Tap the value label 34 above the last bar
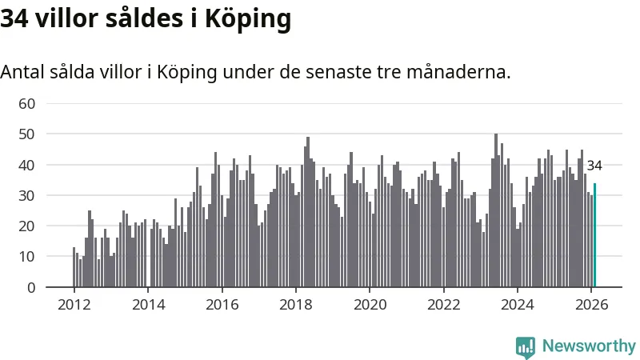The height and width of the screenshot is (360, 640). coord(594,166)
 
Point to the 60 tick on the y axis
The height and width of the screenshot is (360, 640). coord(27,103)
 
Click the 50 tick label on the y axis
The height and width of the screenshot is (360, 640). coord(27,134)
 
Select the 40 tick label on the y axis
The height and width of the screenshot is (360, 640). coord(27,165)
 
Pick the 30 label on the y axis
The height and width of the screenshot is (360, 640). coord(27,195)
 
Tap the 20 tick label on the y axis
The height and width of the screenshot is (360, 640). coord(27,226)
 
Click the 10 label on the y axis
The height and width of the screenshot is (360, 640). coord(27,257)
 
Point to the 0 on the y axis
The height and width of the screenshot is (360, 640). coord(32,287)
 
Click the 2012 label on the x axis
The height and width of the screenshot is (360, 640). coord(74,305)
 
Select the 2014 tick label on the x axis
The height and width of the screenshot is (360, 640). coord(148,305)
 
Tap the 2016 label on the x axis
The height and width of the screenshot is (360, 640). coord(222,305)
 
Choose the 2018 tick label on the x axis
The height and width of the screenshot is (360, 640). coord(296,305)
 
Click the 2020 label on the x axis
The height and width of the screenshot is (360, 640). coord(370,305)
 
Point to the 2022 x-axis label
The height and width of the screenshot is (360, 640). coord(444,305)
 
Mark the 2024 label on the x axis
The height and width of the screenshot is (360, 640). coord(518,305)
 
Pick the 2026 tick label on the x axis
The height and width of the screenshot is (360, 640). coord(591,305)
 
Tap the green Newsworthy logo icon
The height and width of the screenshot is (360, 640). coord(526,346)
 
